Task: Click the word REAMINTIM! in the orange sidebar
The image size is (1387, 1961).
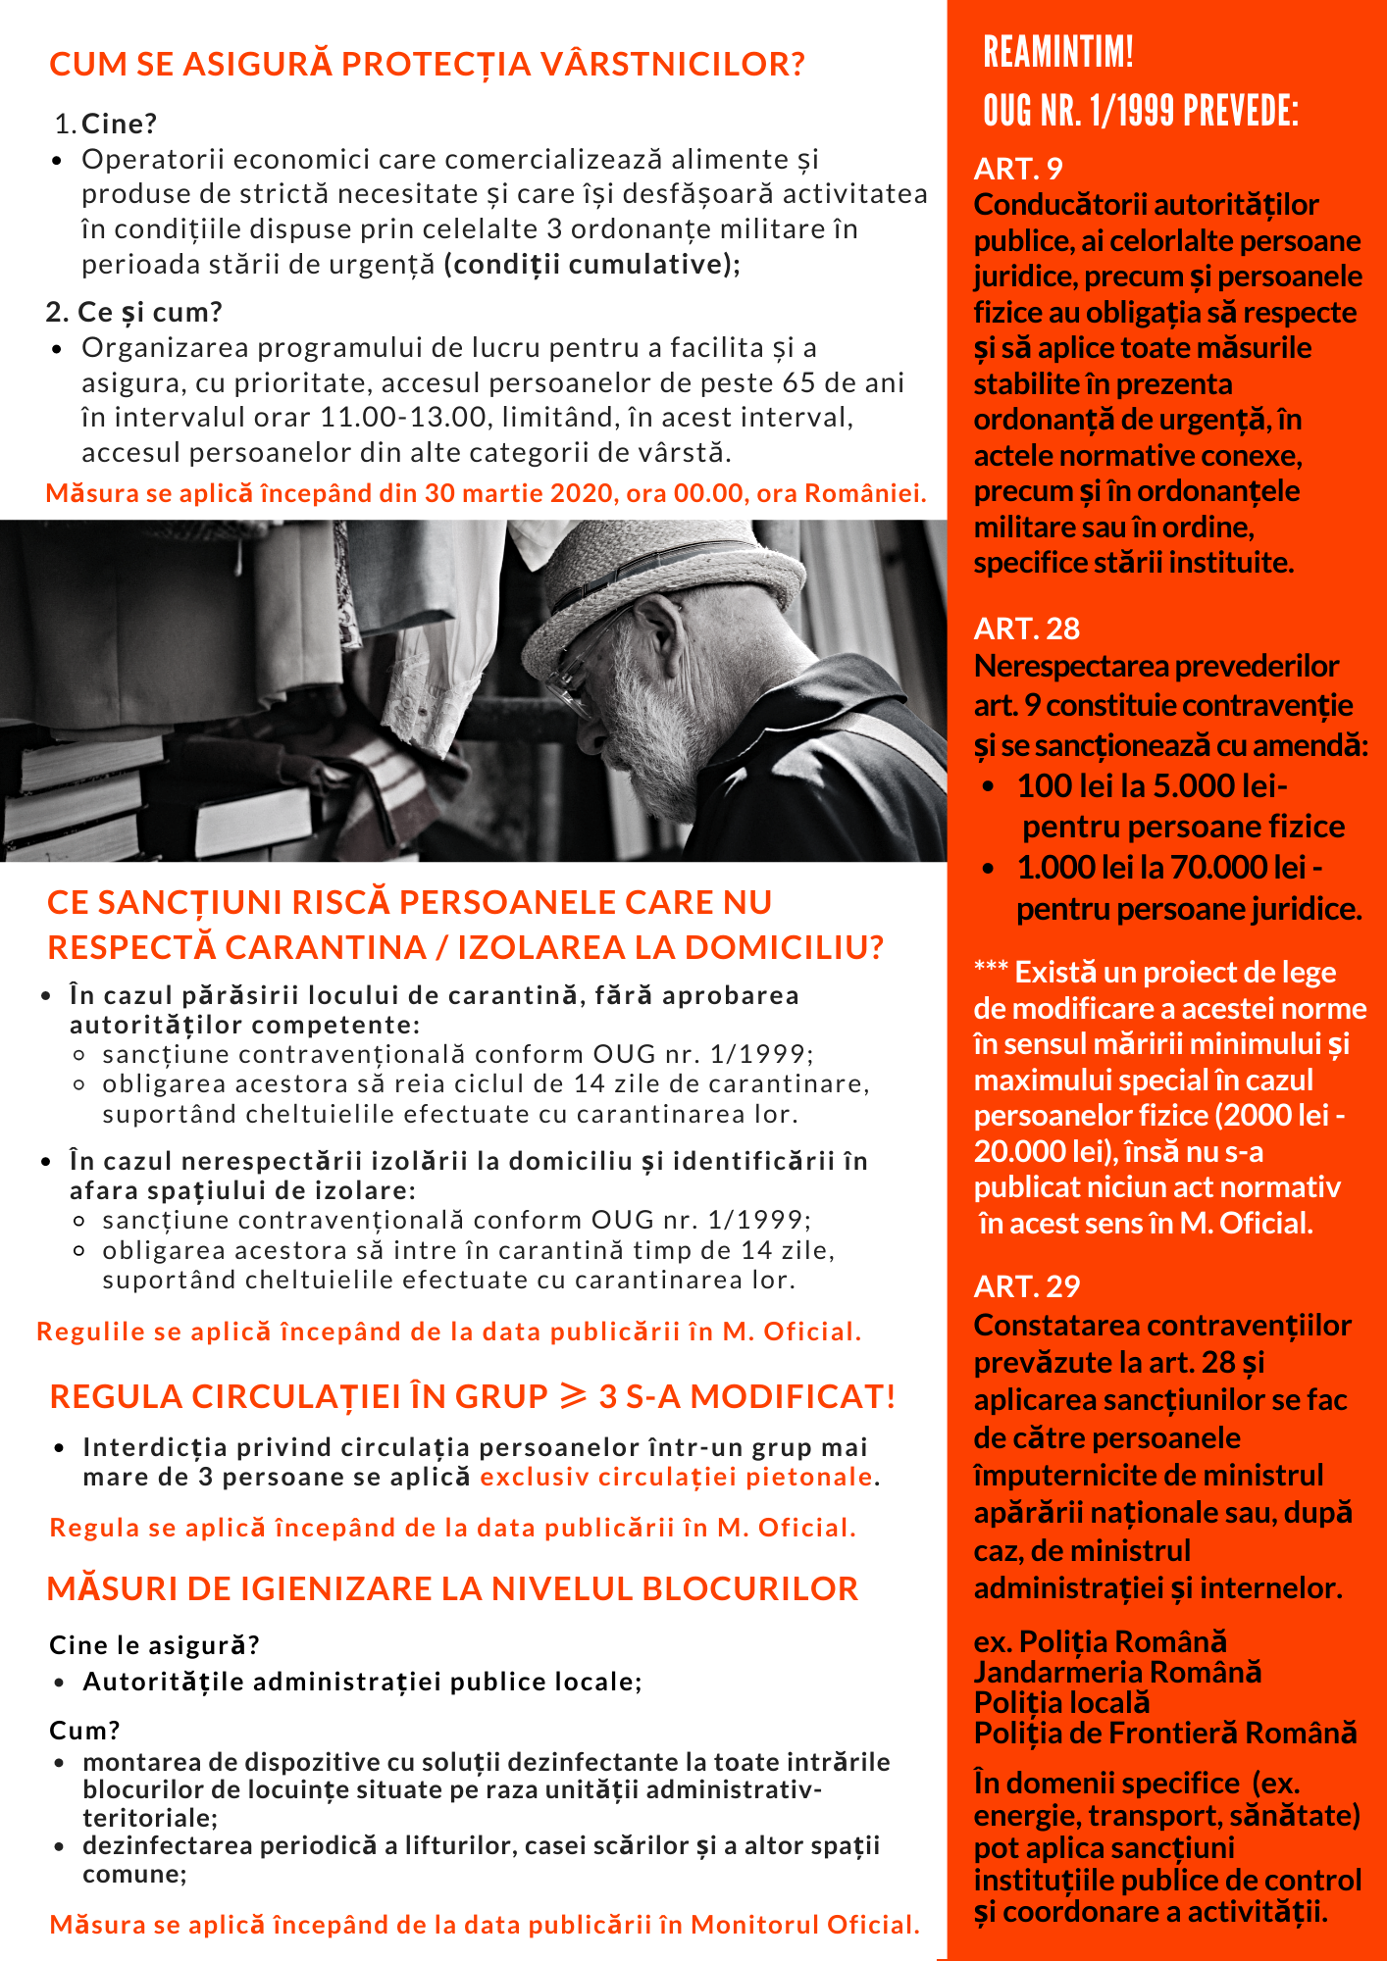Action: pos(1058,52)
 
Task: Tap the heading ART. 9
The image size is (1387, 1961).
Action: pos(1018,169)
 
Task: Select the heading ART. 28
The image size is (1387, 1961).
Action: pos(1026,629)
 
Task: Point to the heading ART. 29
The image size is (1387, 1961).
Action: pos(1026,1286)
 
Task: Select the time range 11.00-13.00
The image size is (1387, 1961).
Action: pos(405,418)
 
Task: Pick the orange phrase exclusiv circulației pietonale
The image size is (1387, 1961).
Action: pos(677,1478)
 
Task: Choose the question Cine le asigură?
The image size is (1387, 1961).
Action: pos(155,1644)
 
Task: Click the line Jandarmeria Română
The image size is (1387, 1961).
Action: pos(1117,1672)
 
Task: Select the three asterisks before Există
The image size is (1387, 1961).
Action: pos(991,970)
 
